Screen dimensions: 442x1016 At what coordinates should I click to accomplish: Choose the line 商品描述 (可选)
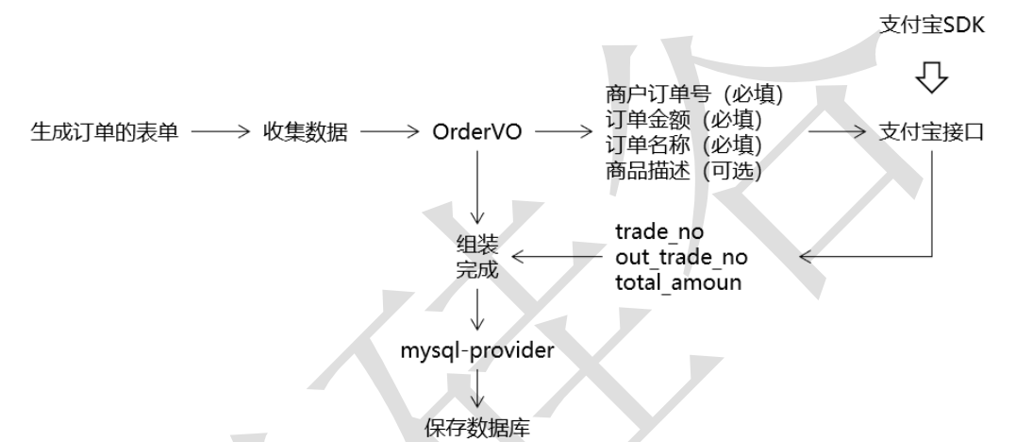pyautogui.click(x=684, y=171)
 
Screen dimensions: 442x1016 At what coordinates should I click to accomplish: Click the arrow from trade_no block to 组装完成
pyautogui.click(x=557, y=255)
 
